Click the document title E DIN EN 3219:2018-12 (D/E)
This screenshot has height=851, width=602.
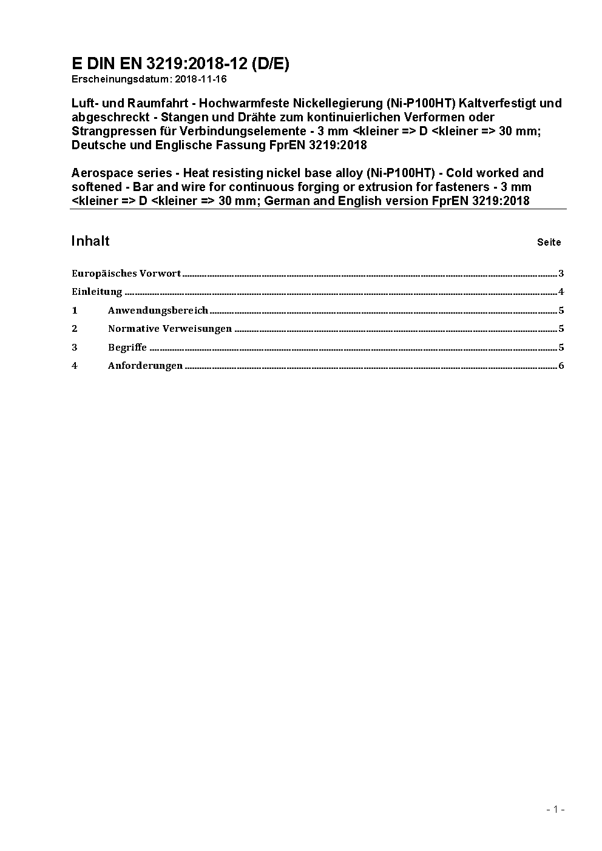[x=180, y=64]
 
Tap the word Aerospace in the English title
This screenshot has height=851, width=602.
[x=100, y=173]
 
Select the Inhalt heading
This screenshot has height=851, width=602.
[x=90, y=241]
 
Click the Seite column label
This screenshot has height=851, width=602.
[x=549, y=242]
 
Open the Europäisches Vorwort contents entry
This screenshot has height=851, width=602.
[x=126, y=274]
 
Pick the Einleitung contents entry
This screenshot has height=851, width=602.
[x=97, y=292]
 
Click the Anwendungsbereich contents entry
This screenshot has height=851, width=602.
[x=158, y=311]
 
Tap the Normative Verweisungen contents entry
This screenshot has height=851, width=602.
[x=170, y=329]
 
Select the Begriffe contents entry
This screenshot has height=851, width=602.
[x=127, y=348]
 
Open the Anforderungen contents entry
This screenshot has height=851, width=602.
[x=145, y=366]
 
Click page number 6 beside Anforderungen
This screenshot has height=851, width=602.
[x=561, y=366]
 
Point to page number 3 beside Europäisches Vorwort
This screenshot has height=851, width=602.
[x=561, y=274]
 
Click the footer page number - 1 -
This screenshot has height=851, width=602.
[x=555, y=809]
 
